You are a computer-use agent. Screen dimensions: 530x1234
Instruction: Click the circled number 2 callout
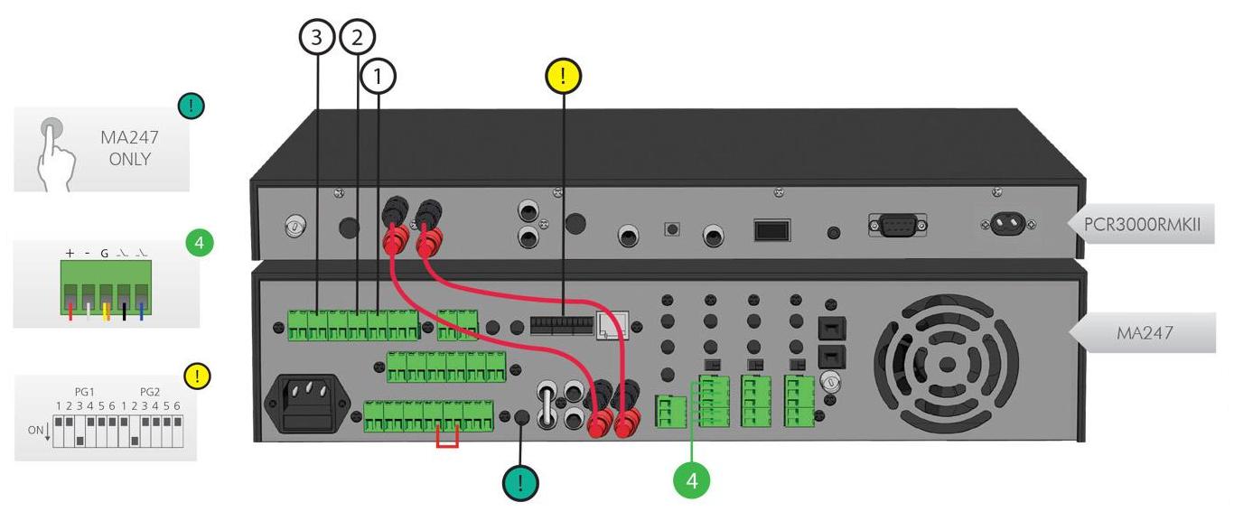(x=357, y=37)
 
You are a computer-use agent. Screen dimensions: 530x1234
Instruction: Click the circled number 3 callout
(x=317, y=37)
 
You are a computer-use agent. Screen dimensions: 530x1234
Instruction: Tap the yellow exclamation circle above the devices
(x=564, y=77)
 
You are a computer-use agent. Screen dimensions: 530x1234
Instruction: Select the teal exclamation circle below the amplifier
(x=521, y=483)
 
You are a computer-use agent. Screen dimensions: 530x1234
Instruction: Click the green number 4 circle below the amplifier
(x=692, y=481)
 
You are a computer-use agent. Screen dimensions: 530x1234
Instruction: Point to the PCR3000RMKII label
(x=1143, y=222)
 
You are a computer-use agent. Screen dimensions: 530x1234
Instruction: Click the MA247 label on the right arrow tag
(x=1145, y=332)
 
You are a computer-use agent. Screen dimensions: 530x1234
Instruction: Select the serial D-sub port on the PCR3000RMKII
(x=897, y=224)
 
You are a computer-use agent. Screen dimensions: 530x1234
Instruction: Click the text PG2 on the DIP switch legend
(x=150, y=392)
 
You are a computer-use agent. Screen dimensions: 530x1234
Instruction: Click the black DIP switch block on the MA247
(x=560, y=324)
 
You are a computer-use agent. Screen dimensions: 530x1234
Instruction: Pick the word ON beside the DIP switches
(x=35, y=430)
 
